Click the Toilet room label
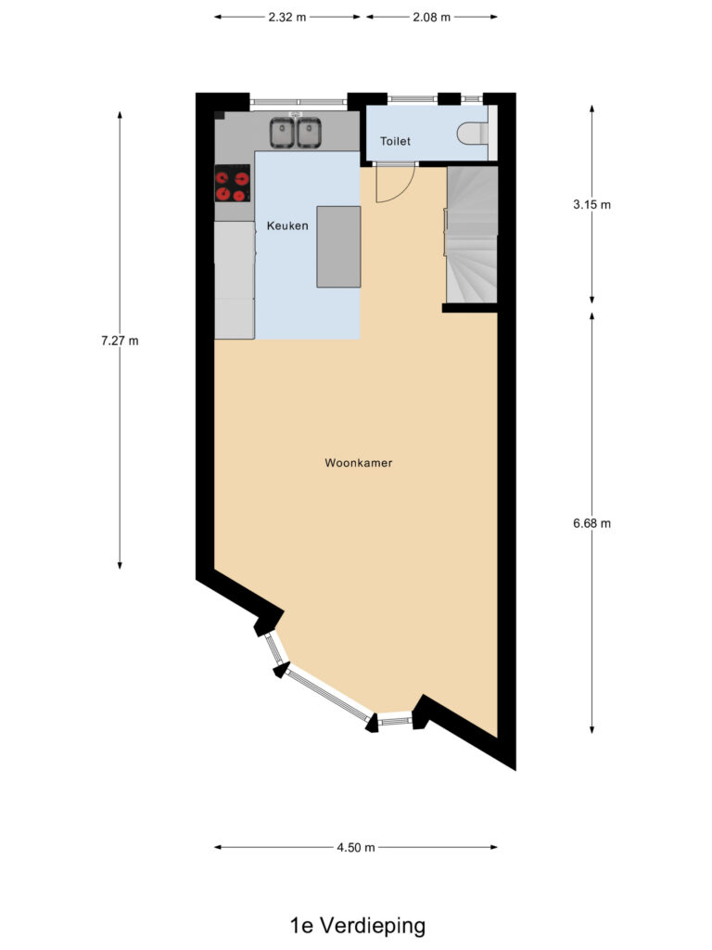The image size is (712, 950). point(395,141)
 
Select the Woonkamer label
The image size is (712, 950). point(359,462)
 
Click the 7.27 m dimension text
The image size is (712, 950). point(120,340)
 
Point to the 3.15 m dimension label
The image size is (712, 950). point(592,205)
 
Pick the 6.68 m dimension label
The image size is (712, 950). point(592,523)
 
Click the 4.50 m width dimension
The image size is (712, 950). point(356,847)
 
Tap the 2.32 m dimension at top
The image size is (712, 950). point(287,17)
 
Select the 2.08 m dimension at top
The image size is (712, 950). point(431,17)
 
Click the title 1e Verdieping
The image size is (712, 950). point(357,925)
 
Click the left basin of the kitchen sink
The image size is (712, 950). point(282,133)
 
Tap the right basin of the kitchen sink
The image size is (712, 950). point(309,133)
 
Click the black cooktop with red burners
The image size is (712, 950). point(233,184)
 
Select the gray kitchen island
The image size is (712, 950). point(338,247)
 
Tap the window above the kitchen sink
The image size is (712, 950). point(298,100)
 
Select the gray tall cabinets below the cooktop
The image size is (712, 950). point(235,279)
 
